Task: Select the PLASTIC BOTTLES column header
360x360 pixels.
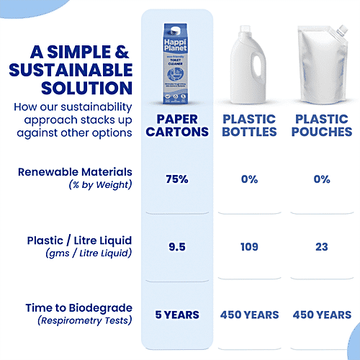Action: pos(249,125)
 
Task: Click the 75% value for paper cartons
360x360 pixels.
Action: pos(178,179)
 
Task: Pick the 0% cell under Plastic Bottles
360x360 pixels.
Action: pos(249,179)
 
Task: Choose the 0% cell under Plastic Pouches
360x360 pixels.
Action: pos(321,179)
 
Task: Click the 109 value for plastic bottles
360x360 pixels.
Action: pos(249,247)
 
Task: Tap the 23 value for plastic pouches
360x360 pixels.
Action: pos(321,247)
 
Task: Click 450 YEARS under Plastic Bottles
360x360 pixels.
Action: pos(249,315)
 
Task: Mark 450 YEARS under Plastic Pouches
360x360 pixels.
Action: pos(321,315)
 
